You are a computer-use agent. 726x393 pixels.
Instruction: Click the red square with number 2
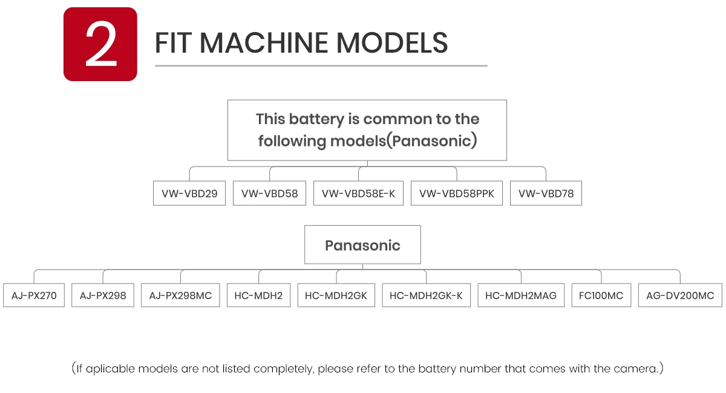point(100,44)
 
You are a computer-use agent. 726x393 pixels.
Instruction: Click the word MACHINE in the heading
point(264,43)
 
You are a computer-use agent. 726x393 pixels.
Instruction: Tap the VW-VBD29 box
point(189,193)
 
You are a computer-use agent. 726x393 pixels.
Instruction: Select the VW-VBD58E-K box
point(358,193)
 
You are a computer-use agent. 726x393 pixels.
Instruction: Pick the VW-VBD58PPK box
point(457,193)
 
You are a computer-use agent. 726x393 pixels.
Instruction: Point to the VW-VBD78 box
point(546,193)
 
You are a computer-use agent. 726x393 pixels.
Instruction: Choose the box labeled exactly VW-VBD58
point(269,193)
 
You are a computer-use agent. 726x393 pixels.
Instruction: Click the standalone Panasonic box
point(362,245)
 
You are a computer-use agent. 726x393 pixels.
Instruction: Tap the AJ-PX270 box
point(34,296)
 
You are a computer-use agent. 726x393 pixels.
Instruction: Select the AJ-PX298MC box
point(180,296)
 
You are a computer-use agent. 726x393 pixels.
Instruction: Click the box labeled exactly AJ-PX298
point(103,296)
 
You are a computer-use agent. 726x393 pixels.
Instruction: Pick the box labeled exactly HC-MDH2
point(259,296)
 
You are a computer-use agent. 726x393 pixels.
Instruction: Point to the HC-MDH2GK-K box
point(426,296)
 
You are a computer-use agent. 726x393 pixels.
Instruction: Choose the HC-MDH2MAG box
point(521,296)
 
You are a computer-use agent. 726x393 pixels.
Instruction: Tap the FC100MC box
point(601,296)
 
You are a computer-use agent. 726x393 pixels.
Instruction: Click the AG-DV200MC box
point(680,296)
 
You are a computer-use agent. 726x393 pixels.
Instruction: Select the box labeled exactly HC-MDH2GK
point(336,296)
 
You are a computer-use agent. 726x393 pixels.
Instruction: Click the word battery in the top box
point(316,119)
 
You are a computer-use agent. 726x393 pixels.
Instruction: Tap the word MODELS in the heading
point(392,43)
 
